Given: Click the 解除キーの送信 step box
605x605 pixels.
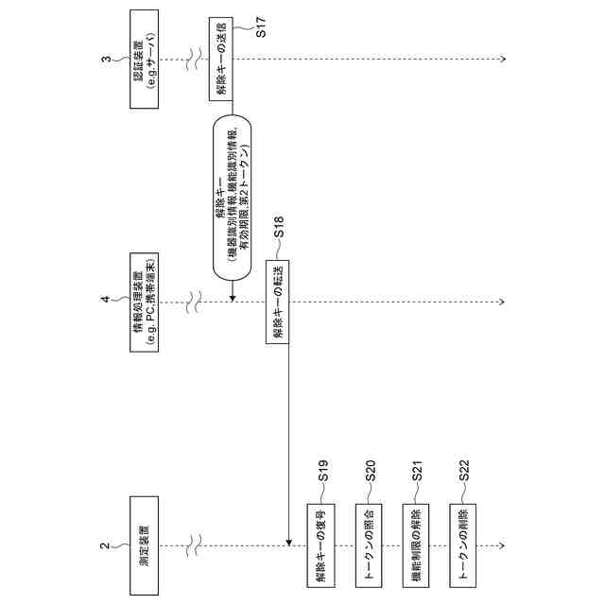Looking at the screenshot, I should coord(220,59).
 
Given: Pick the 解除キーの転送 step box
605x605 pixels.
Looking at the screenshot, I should coord(277,302).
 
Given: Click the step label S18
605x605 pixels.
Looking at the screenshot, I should coord(280,228).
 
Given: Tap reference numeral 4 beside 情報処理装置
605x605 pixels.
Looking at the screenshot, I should coord(106,302).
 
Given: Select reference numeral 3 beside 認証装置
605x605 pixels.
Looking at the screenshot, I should coord(106,59).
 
